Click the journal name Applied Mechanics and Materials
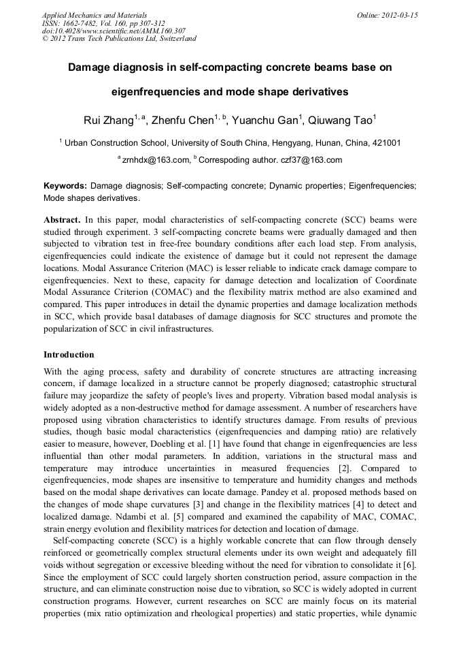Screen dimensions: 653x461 (95, 15)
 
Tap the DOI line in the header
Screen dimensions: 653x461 (114, 31)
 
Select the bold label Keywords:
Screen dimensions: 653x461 (65, 186)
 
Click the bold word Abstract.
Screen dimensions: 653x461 (62, 221)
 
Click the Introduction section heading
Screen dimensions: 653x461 (69, 355)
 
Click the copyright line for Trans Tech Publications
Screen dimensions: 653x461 (120, 39)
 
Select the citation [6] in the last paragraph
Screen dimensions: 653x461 (410, 566)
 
